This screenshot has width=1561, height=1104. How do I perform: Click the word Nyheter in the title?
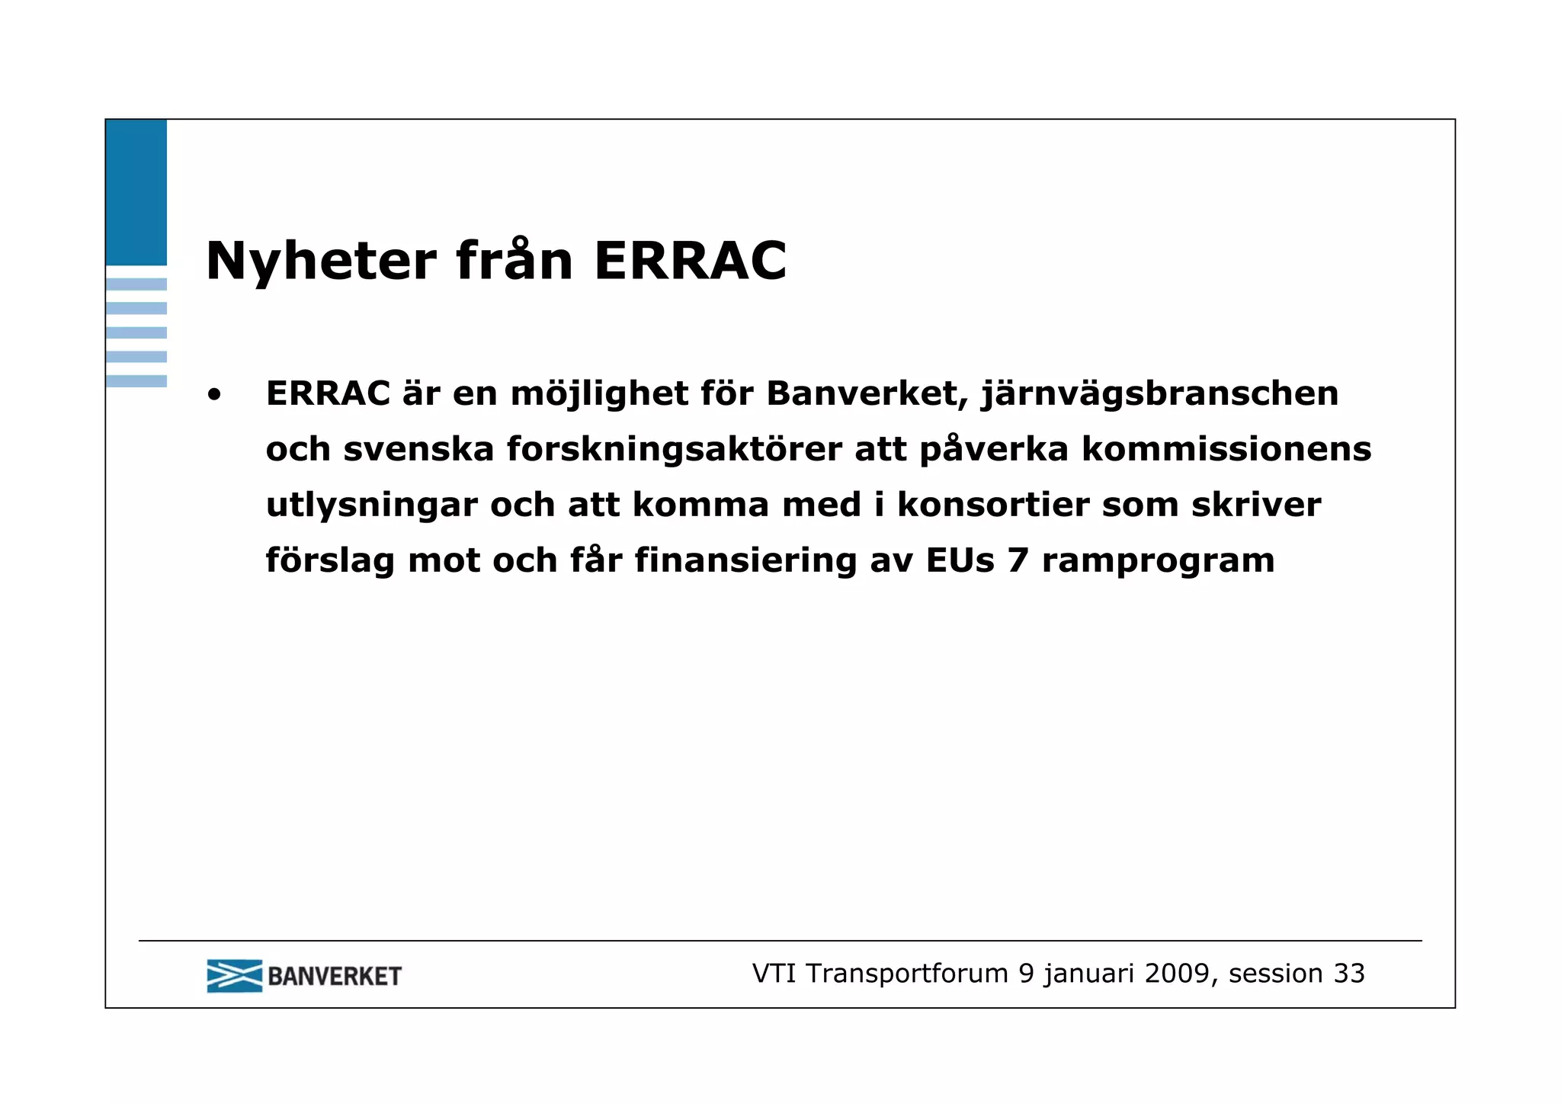click(x=321, y=262)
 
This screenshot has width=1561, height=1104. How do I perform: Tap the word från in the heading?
click(x=514, y=262)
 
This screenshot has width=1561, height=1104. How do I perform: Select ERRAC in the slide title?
click(x=690, y=262)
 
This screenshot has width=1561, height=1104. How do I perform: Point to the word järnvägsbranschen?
click(x=1159, y=394)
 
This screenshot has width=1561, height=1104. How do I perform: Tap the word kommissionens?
click(x=1226, y=450)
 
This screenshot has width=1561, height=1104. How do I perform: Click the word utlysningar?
click(x=371, y=505)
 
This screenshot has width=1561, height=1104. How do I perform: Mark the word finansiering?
click(x=745, y=561)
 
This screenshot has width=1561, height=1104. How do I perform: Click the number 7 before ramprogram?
click(x=1018, y=561)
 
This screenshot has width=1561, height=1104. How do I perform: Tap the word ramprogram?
click(x=1158, y=561)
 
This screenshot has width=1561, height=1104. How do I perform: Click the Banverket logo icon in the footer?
click(x=234, y=976)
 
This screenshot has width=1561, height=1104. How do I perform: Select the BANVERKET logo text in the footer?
click(x=334, y=977)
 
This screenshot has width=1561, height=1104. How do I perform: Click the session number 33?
click(x=1348, y=974)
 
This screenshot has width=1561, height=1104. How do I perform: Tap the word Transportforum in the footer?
click(x=907, y=974)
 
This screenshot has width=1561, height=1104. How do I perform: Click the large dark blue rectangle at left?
click(x=136, y=192)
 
